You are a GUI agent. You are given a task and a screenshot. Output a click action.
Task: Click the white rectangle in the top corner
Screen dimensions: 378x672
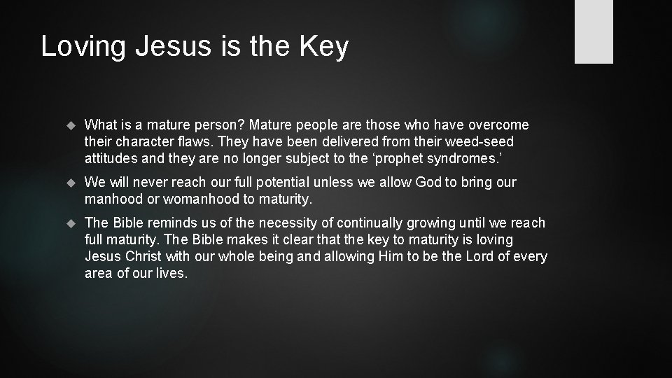click(x=594, y=31)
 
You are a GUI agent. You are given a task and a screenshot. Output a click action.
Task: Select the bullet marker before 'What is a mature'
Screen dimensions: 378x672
click(x=69, y=125)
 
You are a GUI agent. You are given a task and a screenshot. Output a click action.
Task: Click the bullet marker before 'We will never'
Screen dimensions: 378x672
click(x=69, y=183)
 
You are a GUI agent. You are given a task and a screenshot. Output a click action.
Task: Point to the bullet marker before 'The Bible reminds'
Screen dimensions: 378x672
click(x=69, y=223)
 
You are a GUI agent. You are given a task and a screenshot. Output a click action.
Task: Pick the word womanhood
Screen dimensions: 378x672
click(x=199, y=199)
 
